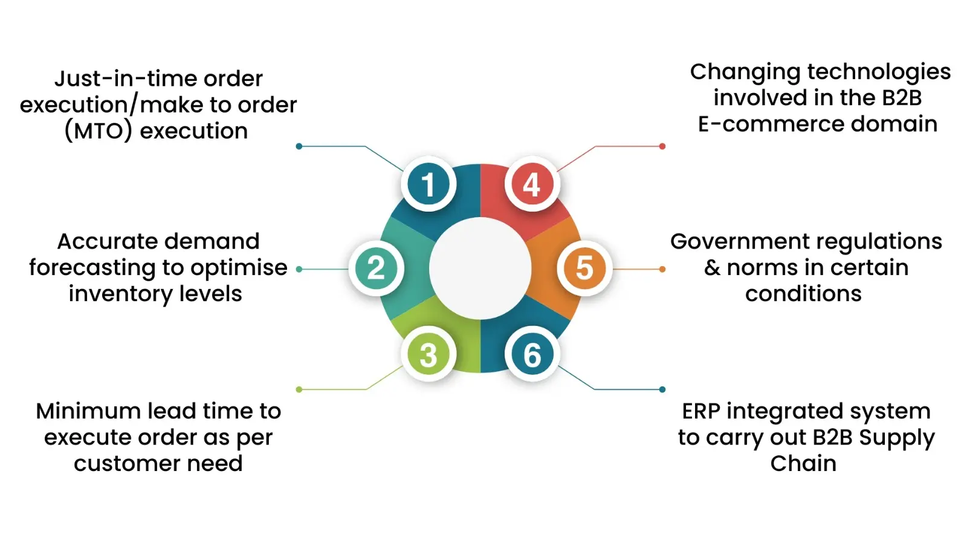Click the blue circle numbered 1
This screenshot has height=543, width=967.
coord(429,184)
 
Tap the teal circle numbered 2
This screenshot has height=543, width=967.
coord(376,268)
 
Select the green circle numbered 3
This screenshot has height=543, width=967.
coord(429,355)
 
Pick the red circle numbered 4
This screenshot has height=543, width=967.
coord(532,184)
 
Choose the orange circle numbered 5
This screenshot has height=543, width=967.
coord(584,268)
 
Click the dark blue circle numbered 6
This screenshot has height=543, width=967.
coord(532,355)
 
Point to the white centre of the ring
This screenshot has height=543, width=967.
coord(480,268)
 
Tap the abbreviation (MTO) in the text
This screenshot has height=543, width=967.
coord(98,131)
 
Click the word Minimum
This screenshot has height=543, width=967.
coord(88,411)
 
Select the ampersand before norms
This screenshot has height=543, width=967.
coord(713,268)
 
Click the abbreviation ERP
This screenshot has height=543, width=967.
coord(701,411)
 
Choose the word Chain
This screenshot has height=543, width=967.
coord(803,464)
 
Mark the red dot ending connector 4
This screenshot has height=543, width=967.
coord(662,146)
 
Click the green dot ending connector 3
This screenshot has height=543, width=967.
coord(299,389)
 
